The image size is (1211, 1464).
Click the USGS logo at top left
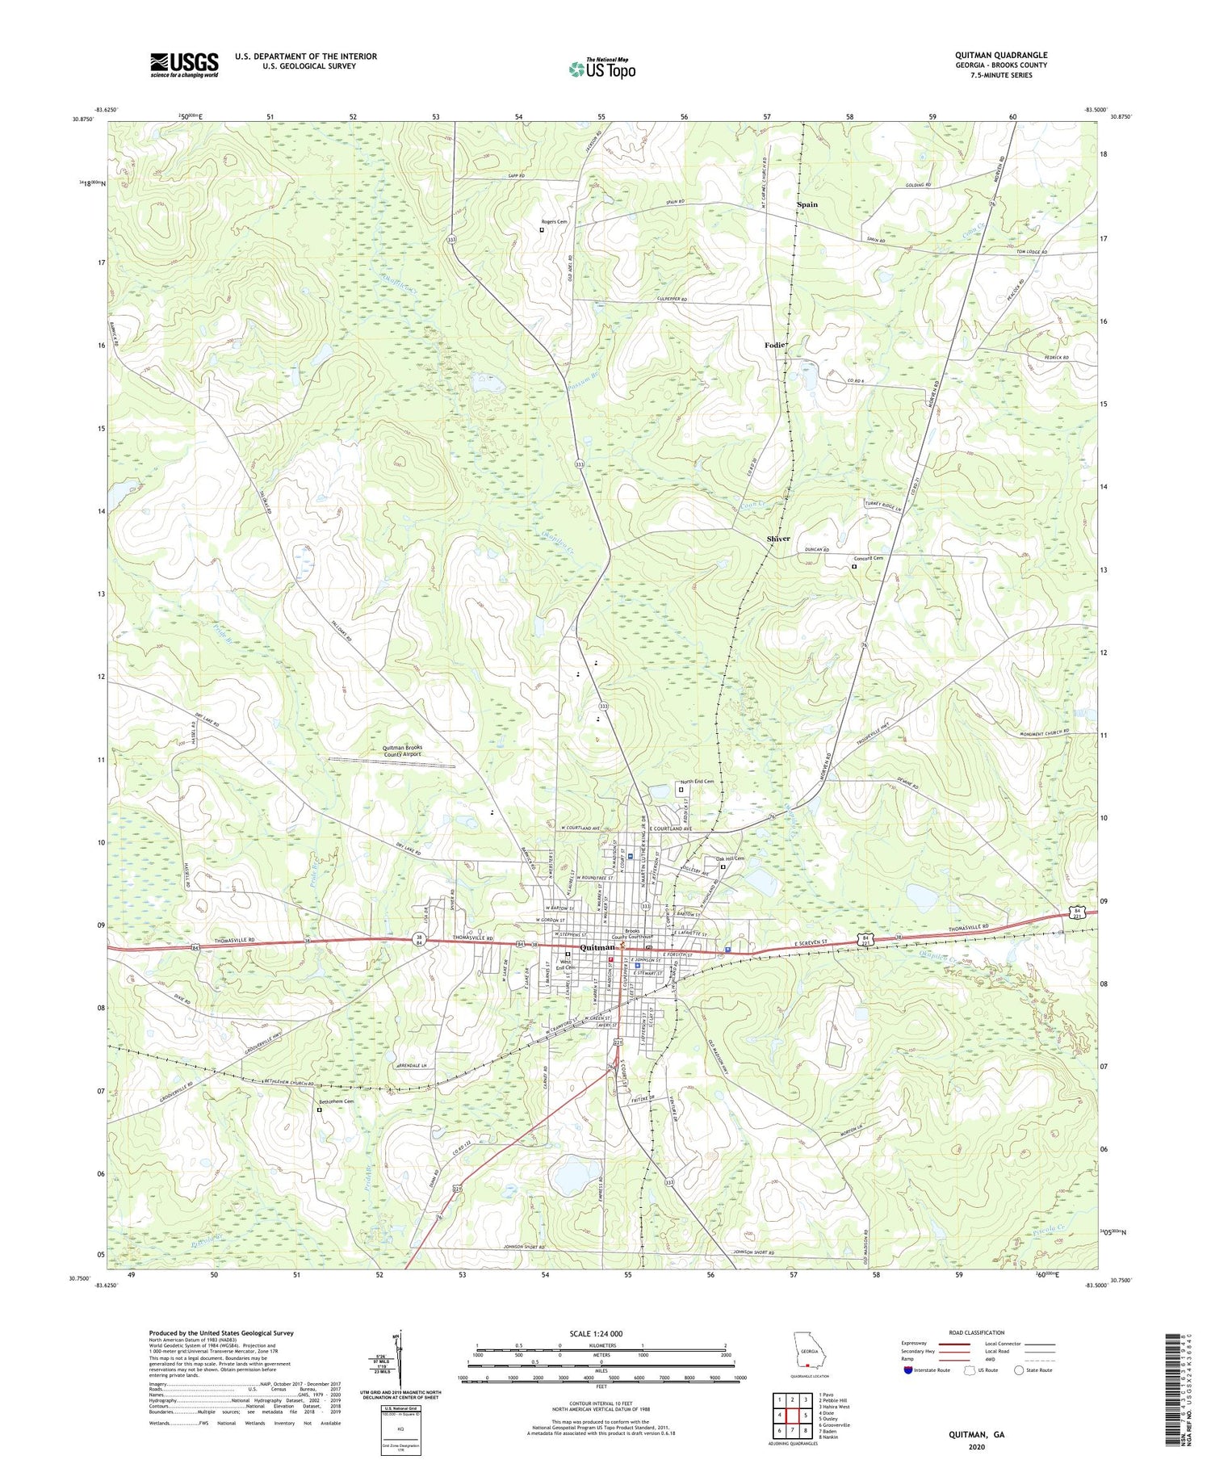[x=184, y=65]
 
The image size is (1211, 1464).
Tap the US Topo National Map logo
[x=601, y=69]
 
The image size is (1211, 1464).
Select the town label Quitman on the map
[x=597, y=947]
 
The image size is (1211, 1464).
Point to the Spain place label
[x=807, y=204]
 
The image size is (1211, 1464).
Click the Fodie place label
[x=774, y=345]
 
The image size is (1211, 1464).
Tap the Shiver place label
[x=778, y=538]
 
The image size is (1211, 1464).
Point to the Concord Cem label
[x=869, y=558]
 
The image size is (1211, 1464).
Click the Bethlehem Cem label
[x=336, y=1101]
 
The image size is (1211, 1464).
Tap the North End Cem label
[x=697, y=781]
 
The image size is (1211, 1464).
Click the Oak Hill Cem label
[x=729, y=858]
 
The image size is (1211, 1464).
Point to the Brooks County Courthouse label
[x=626, y=933]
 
